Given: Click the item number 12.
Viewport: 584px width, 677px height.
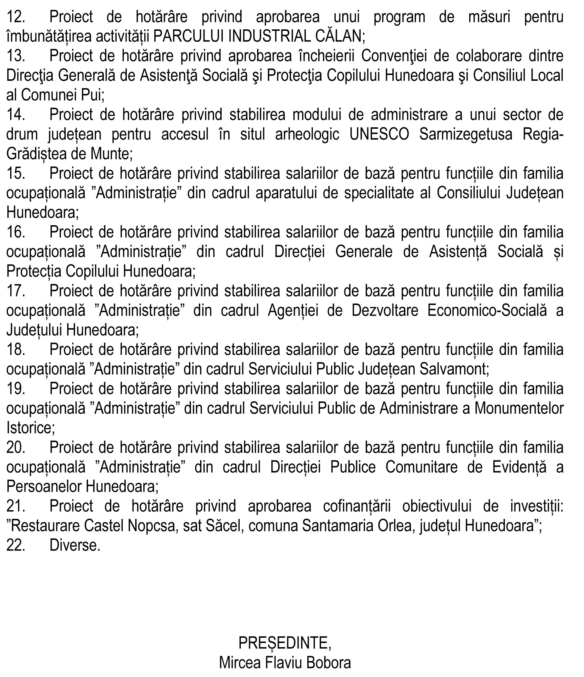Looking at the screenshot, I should pyautogui.click(x=15, y=17).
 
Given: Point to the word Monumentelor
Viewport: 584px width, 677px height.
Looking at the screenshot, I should pyautogui.click(x=519, y=409).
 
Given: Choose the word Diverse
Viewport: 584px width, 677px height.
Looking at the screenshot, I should pyautogui.click(x=74, y=546).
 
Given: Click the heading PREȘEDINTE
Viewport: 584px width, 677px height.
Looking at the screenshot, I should pyautogui.click(x=284, y=643).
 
